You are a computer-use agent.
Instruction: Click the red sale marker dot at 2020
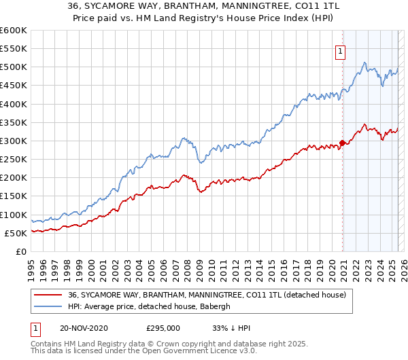[x=342, y=143]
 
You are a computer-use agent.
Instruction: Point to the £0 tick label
[x=20, y=252]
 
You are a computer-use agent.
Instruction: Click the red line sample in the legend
[x=48, y=295]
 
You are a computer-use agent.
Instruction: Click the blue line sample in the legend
[x=48, y=307]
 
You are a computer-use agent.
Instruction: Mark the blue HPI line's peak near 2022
[x=365, y=63]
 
